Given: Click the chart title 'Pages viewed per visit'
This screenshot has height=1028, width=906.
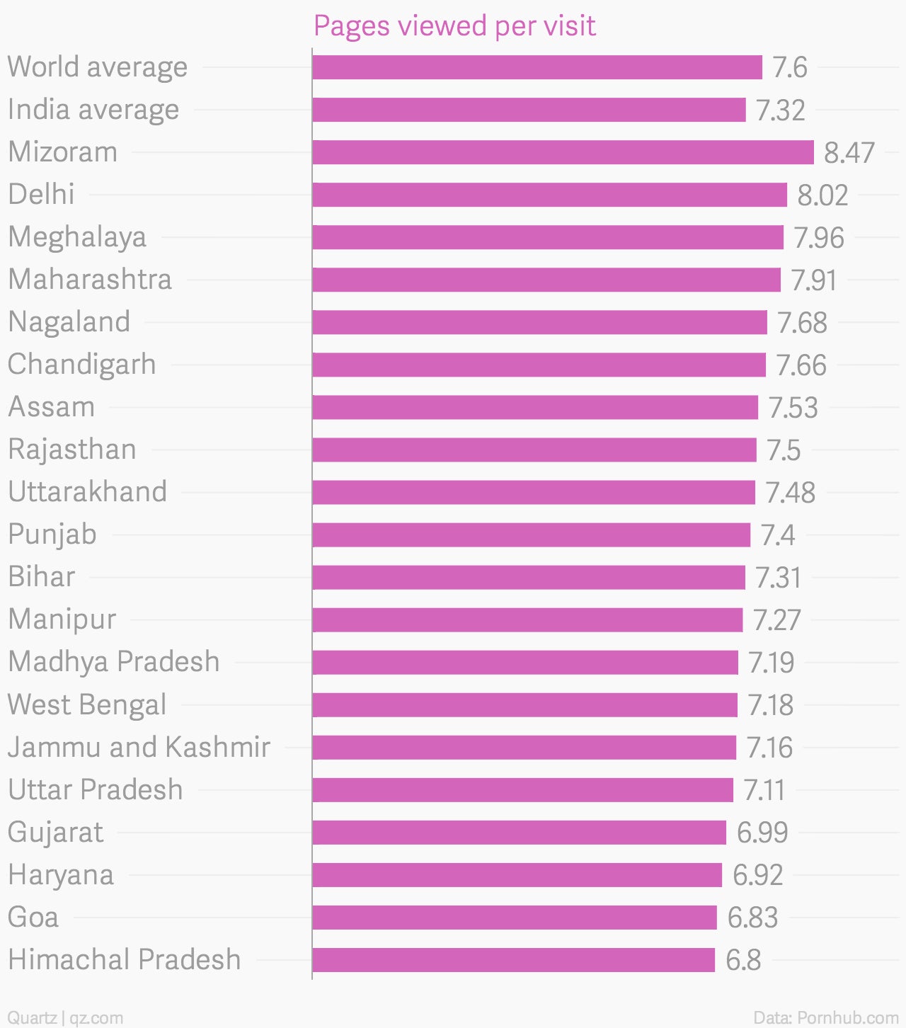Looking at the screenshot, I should [454, 26].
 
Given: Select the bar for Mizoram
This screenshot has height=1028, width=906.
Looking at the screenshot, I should [563, 152].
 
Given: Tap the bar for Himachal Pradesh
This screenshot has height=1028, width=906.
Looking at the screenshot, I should [513, 960].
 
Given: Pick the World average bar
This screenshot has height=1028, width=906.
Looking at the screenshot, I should [537, 67].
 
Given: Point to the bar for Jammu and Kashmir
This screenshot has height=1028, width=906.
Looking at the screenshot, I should [524, 748].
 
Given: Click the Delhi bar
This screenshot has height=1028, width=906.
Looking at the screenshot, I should [549, 195].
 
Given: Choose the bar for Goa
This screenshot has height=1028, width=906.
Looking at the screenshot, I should [515, 918].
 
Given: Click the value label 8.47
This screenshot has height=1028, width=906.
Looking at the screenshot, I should [849, 153].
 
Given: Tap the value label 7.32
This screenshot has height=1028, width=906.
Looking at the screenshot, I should [780, 110].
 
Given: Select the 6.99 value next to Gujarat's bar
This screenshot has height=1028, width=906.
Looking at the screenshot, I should [762, 833].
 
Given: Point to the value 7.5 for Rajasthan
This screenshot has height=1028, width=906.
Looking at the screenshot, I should [784, 450].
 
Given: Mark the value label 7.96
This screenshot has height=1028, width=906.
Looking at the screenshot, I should [818, 238].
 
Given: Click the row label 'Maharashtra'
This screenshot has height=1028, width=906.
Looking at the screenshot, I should [90, 280].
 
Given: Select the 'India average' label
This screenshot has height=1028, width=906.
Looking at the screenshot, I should [93, 110].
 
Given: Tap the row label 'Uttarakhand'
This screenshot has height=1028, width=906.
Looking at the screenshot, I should [88, 492].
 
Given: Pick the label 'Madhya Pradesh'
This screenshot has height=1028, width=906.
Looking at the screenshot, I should [114, 662].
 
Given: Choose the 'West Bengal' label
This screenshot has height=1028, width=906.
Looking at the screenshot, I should [87, 705].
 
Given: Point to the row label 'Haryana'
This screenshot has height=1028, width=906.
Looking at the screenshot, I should [61, 875].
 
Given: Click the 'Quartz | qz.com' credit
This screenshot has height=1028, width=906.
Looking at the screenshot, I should [65, 1017].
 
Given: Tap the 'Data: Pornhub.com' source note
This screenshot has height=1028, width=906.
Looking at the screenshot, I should [825, 1017].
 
